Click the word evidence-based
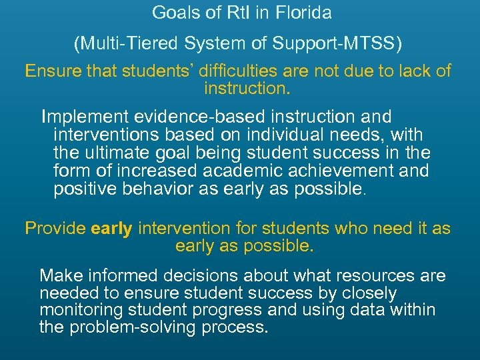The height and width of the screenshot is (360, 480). (x=204, y=117)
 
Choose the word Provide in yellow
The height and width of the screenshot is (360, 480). (x=55, y=229)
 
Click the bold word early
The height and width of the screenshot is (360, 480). (x=112, y=229)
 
